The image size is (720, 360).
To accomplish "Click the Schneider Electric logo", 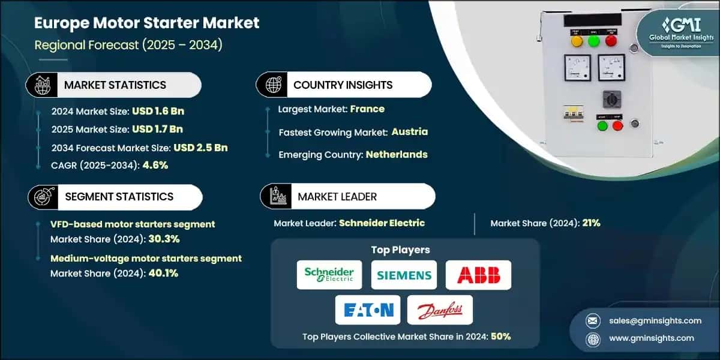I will point(329,275).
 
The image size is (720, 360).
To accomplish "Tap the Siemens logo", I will point(404,275).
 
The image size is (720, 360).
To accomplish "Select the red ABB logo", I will point(479,275).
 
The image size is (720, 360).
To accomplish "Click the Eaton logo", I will point(368,310).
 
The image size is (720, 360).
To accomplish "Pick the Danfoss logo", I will point(440,310).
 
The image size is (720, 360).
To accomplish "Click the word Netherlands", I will point(398,154).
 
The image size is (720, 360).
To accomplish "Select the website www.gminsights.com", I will point(652,338).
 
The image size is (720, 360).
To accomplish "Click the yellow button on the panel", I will point(577,41).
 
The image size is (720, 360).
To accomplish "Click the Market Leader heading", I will point(337,196).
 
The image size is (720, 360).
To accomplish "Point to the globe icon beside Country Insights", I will point(273,85).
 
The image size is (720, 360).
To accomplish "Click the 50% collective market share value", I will point(500,337).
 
